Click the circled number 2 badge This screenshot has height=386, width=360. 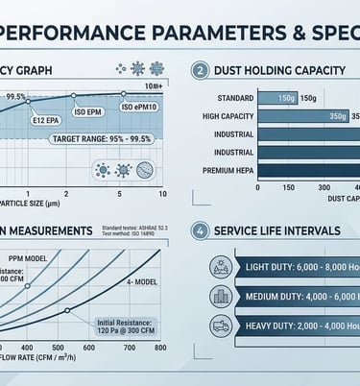click(x=200, y=70)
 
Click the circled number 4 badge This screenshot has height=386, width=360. click(x=200, y=230)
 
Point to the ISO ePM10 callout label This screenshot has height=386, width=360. click(x=142, y=107)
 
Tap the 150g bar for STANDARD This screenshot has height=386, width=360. click(x=285, y=97)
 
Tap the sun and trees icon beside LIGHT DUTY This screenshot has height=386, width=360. click(x=220, y=267)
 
